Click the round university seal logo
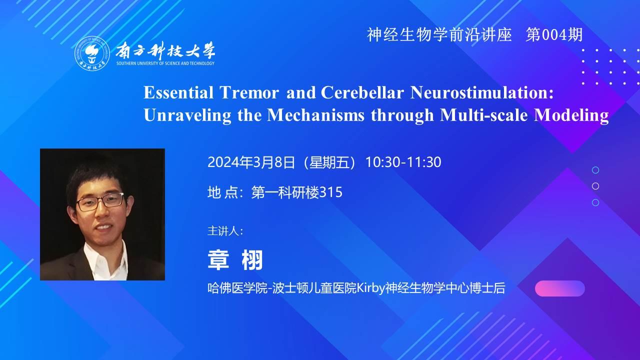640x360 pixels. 92,53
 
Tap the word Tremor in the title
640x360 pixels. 249,92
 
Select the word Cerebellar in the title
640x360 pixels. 362,92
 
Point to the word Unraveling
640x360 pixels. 187,115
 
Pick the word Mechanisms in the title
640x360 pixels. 315,115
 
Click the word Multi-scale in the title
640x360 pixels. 483,115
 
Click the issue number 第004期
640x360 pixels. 553,35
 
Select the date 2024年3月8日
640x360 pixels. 251,162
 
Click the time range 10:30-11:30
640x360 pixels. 403,162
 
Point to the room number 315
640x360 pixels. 331,192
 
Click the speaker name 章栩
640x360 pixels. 235,260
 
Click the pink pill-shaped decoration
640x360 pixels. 559,288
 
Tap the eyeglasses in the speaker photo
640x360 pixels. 100,201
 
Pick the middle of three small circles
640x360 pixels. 595,186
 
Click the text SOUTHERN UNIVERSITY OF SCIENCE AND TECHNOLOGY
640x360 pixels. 165,63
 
